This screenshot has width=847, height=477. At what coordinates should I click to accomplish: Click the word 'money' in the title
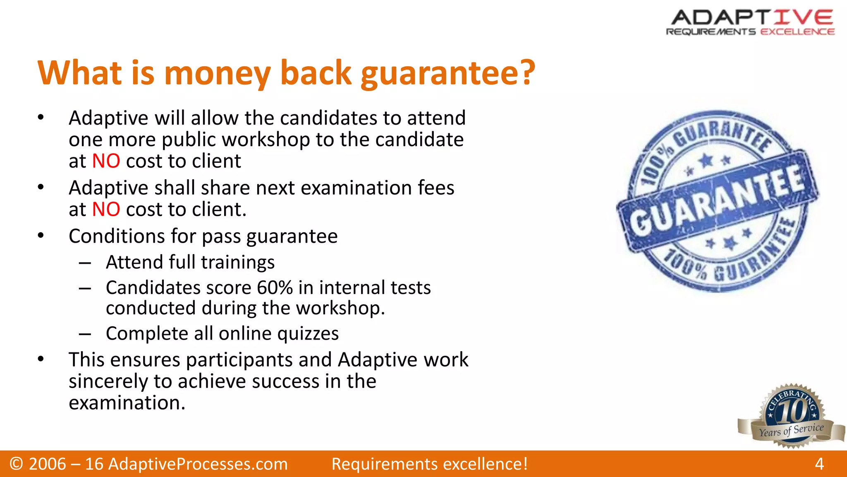coord(218,74)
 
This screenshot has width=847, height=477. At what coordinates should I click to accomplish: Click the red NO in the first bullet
coord(106,161)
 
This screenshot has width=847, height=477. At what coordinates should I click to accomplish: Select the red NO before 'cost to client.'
coord(106,210)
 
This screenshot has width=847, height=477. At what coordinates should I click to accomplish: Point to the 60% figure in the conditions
coord(275,288)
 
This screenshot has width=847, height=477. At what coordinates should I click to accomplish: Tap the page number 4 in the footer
coord(819,464)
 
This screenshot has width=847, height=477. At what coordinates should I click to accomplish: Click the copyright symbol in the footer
coord(17,464)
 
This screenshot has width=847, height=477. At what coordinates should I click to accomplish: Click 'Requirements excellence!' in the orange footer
coord(430,464)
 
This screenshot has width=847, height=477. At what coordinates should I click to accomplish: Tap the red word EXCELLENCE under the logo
coord(797,32)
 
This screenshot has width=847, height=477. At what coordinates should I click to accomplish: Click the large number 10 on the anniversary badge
coord(792,411)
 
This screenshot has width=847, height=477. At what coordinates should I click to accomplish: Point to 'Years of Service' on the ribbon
coord(791,431)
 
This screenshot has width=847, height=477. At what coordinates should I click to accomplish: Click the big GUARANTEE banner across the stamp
coord(718,202)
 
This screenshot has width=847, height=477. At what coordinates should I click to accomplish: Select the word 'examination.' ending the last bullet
coord(127,403)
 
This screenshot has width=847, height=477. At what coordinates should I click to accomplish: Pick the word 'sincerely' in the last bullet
coord(108,381)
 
